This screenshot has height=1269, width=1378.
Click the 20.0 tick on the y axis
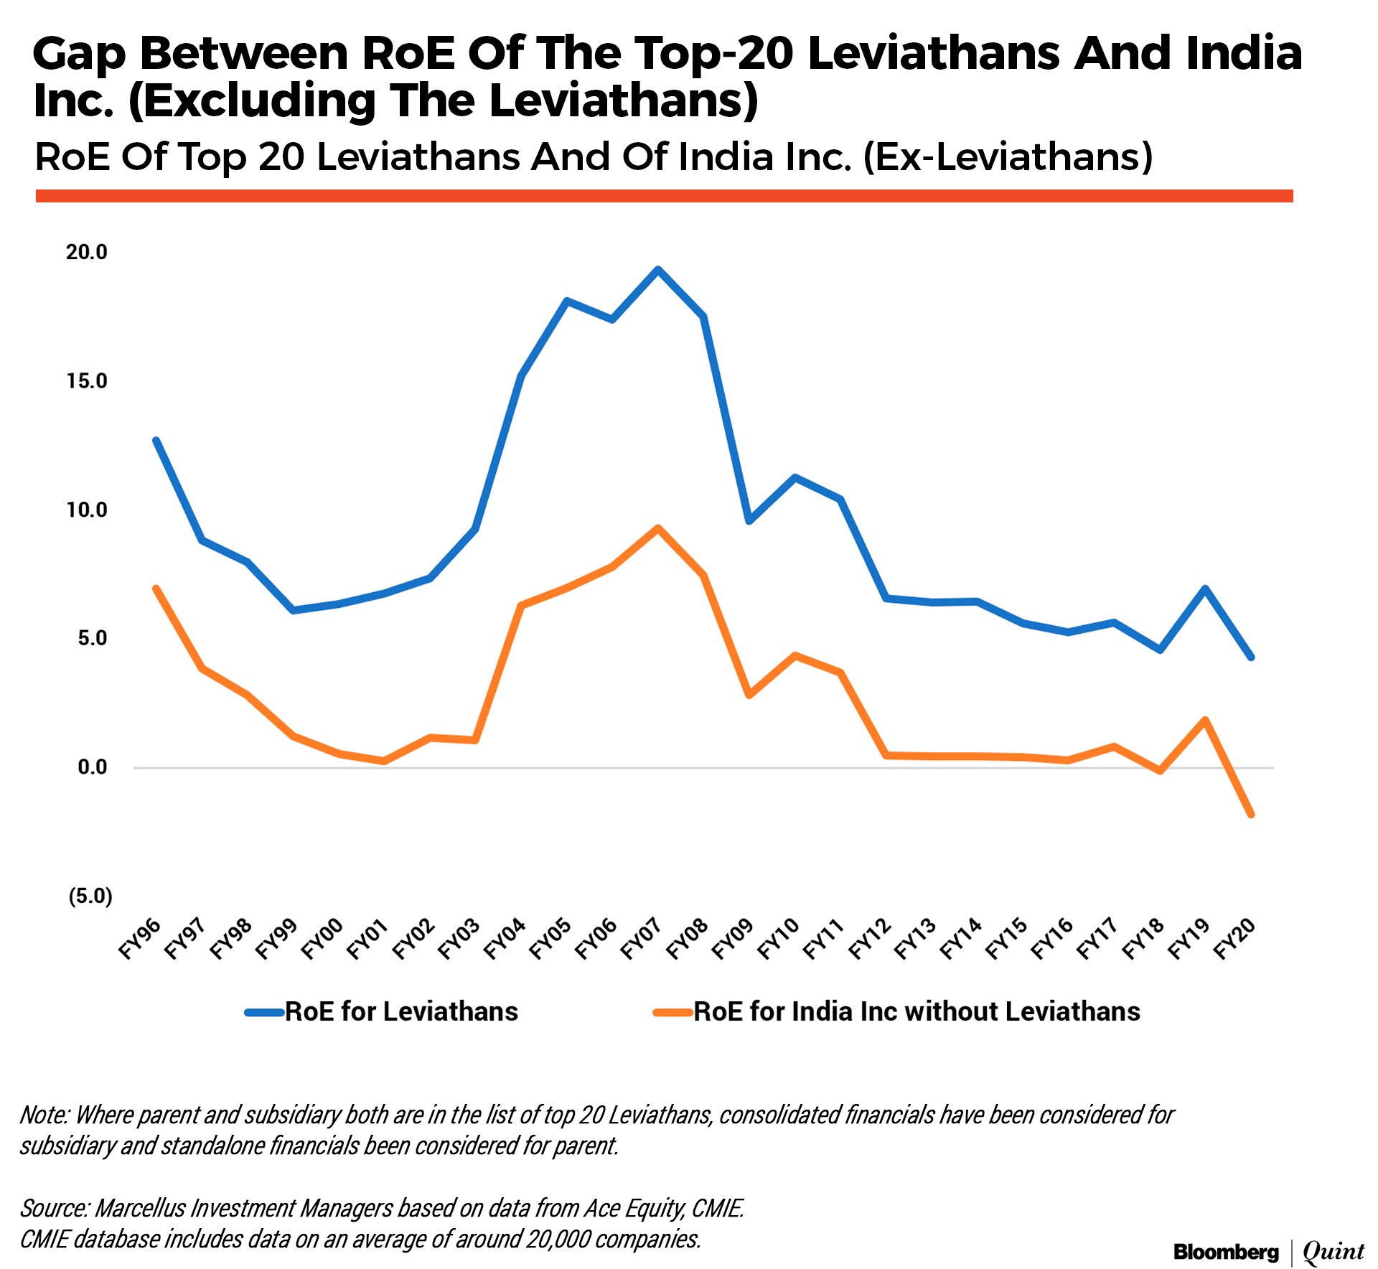tap(87, 252)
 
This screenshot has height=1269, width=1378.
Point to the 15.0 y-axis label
tap(87, 381)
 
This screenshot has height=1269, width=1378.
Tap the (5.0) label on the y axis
tap(90, 896)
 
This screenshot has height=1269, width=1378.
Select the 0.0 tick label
tap(93, 767)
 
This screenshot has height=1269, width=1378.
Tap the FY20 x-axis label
tap(1234, 938)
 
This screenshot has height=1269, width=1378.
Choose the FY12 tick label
tap(870, 938)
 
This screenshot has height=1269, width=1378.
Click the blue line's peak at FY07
tap(657, 269)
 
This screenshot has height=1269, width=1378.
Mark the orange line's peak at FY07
tap(657, 528)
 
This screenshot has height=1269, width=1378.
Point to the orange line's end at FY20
tap(1251, 815)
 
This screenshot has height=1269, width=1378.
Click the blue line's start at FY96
tap(156, 440)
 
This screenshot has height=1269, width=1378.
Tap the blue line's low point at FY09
tap(749, 520)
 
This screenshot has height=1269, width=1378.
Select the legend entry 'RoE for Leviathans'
tap(401, 1012)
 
